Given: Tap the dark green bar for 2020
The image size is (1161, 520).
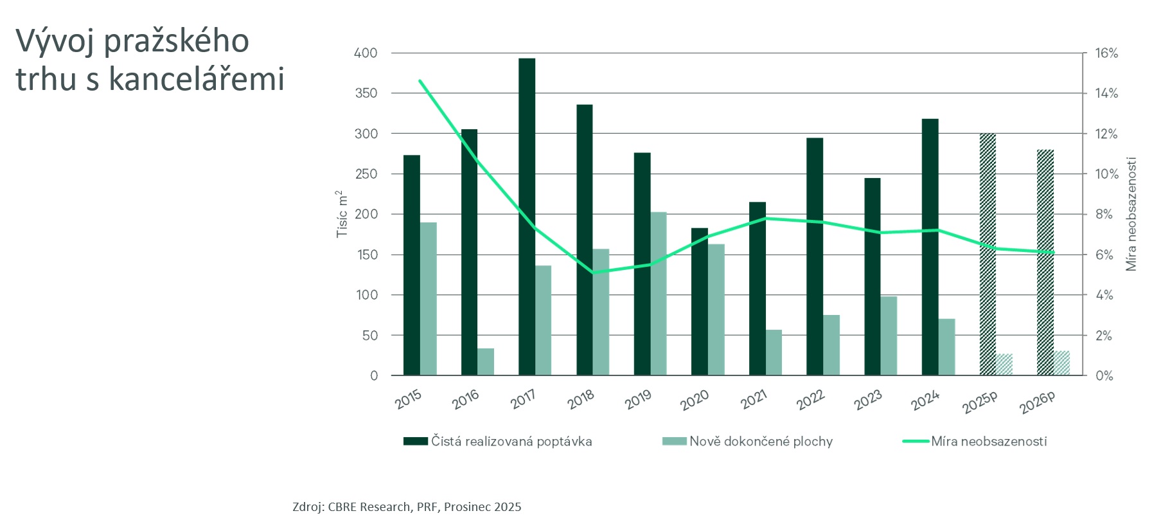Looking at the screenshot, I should pyautogui.click(x=700, y=301).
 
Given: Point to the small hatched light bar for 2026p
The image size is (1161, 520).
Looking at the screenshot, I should pyautogui.click(x=1061, y=363).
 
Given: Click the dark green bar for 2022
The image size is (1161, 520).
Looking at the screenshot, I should pyautogui.click(x=815, y=256).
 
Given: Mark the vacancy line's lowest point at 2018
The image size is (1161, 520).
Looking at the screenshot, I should pyautogui.click(x=592, y=273).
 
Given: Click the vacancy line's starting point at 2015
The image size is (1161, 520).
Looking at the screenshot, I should pyautogui.click(x=420, y=81).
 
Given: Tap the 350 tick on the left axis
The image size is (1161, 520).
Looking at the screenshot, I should pyautogui.click(x=366, y=93).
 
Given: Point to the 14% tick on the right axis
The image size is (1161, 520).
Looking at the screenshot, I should pyautogui.click(x=1106, y=93).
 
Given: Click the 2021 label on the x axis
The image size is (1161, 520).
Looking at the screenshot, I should pyautogui.click(x=754, y=400).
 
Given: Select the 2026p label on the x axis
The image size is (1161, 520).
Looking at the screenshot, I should pyautogui.click(x=1037, y=402).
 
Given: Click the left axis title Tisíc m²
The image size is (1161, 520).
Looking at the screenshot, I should pyautogui.click(x=342, y=214).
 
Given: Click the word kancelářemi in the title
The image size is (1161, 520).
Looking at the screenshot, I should pyautogui.click(x=196, y=80).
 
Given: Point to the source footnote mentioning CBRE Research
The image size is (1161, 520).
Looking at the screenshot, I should pyautogui.click(x=407, y=507).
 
